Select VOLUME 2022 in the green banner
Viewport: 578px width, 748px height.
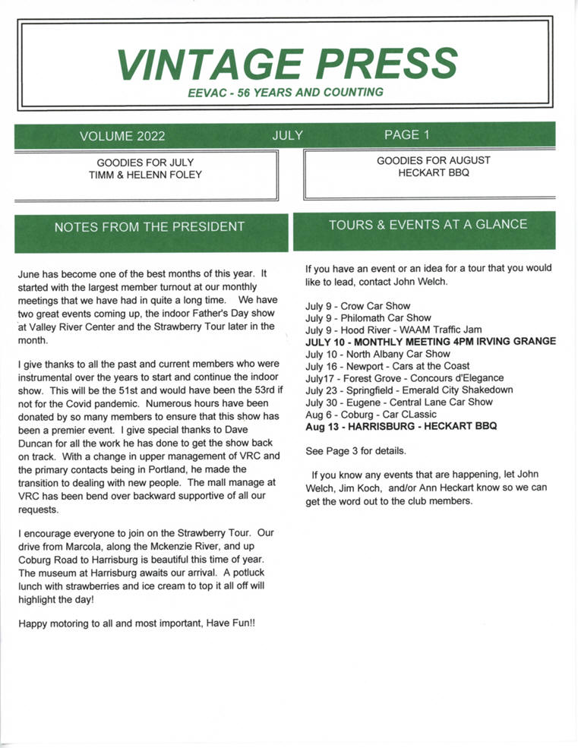(122, 137)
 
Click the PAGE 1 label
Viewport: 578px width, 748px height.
(407, 135)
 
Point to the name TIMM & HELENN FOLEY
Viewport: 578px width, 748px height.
(145, 175)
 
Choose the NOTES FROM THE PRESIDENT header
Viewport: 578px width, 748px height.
(150, 226)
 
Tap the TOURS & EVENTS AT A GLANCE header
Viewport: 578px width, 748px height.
(428, 225)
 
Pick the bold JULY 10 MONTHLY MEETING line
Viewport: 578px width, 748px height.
(431, 342)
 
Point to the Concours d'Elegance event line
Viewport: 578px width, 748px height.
(404, 378)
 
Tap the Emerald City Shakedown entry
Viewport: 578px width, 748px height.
(409, 390)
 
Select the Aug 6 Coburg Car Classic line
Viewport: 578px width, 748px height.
(365, 414)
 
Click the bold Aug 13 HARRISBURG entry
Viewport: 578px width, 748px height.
(401, 426)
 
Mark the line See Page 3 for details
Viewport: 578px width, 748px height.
(355, 450)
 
